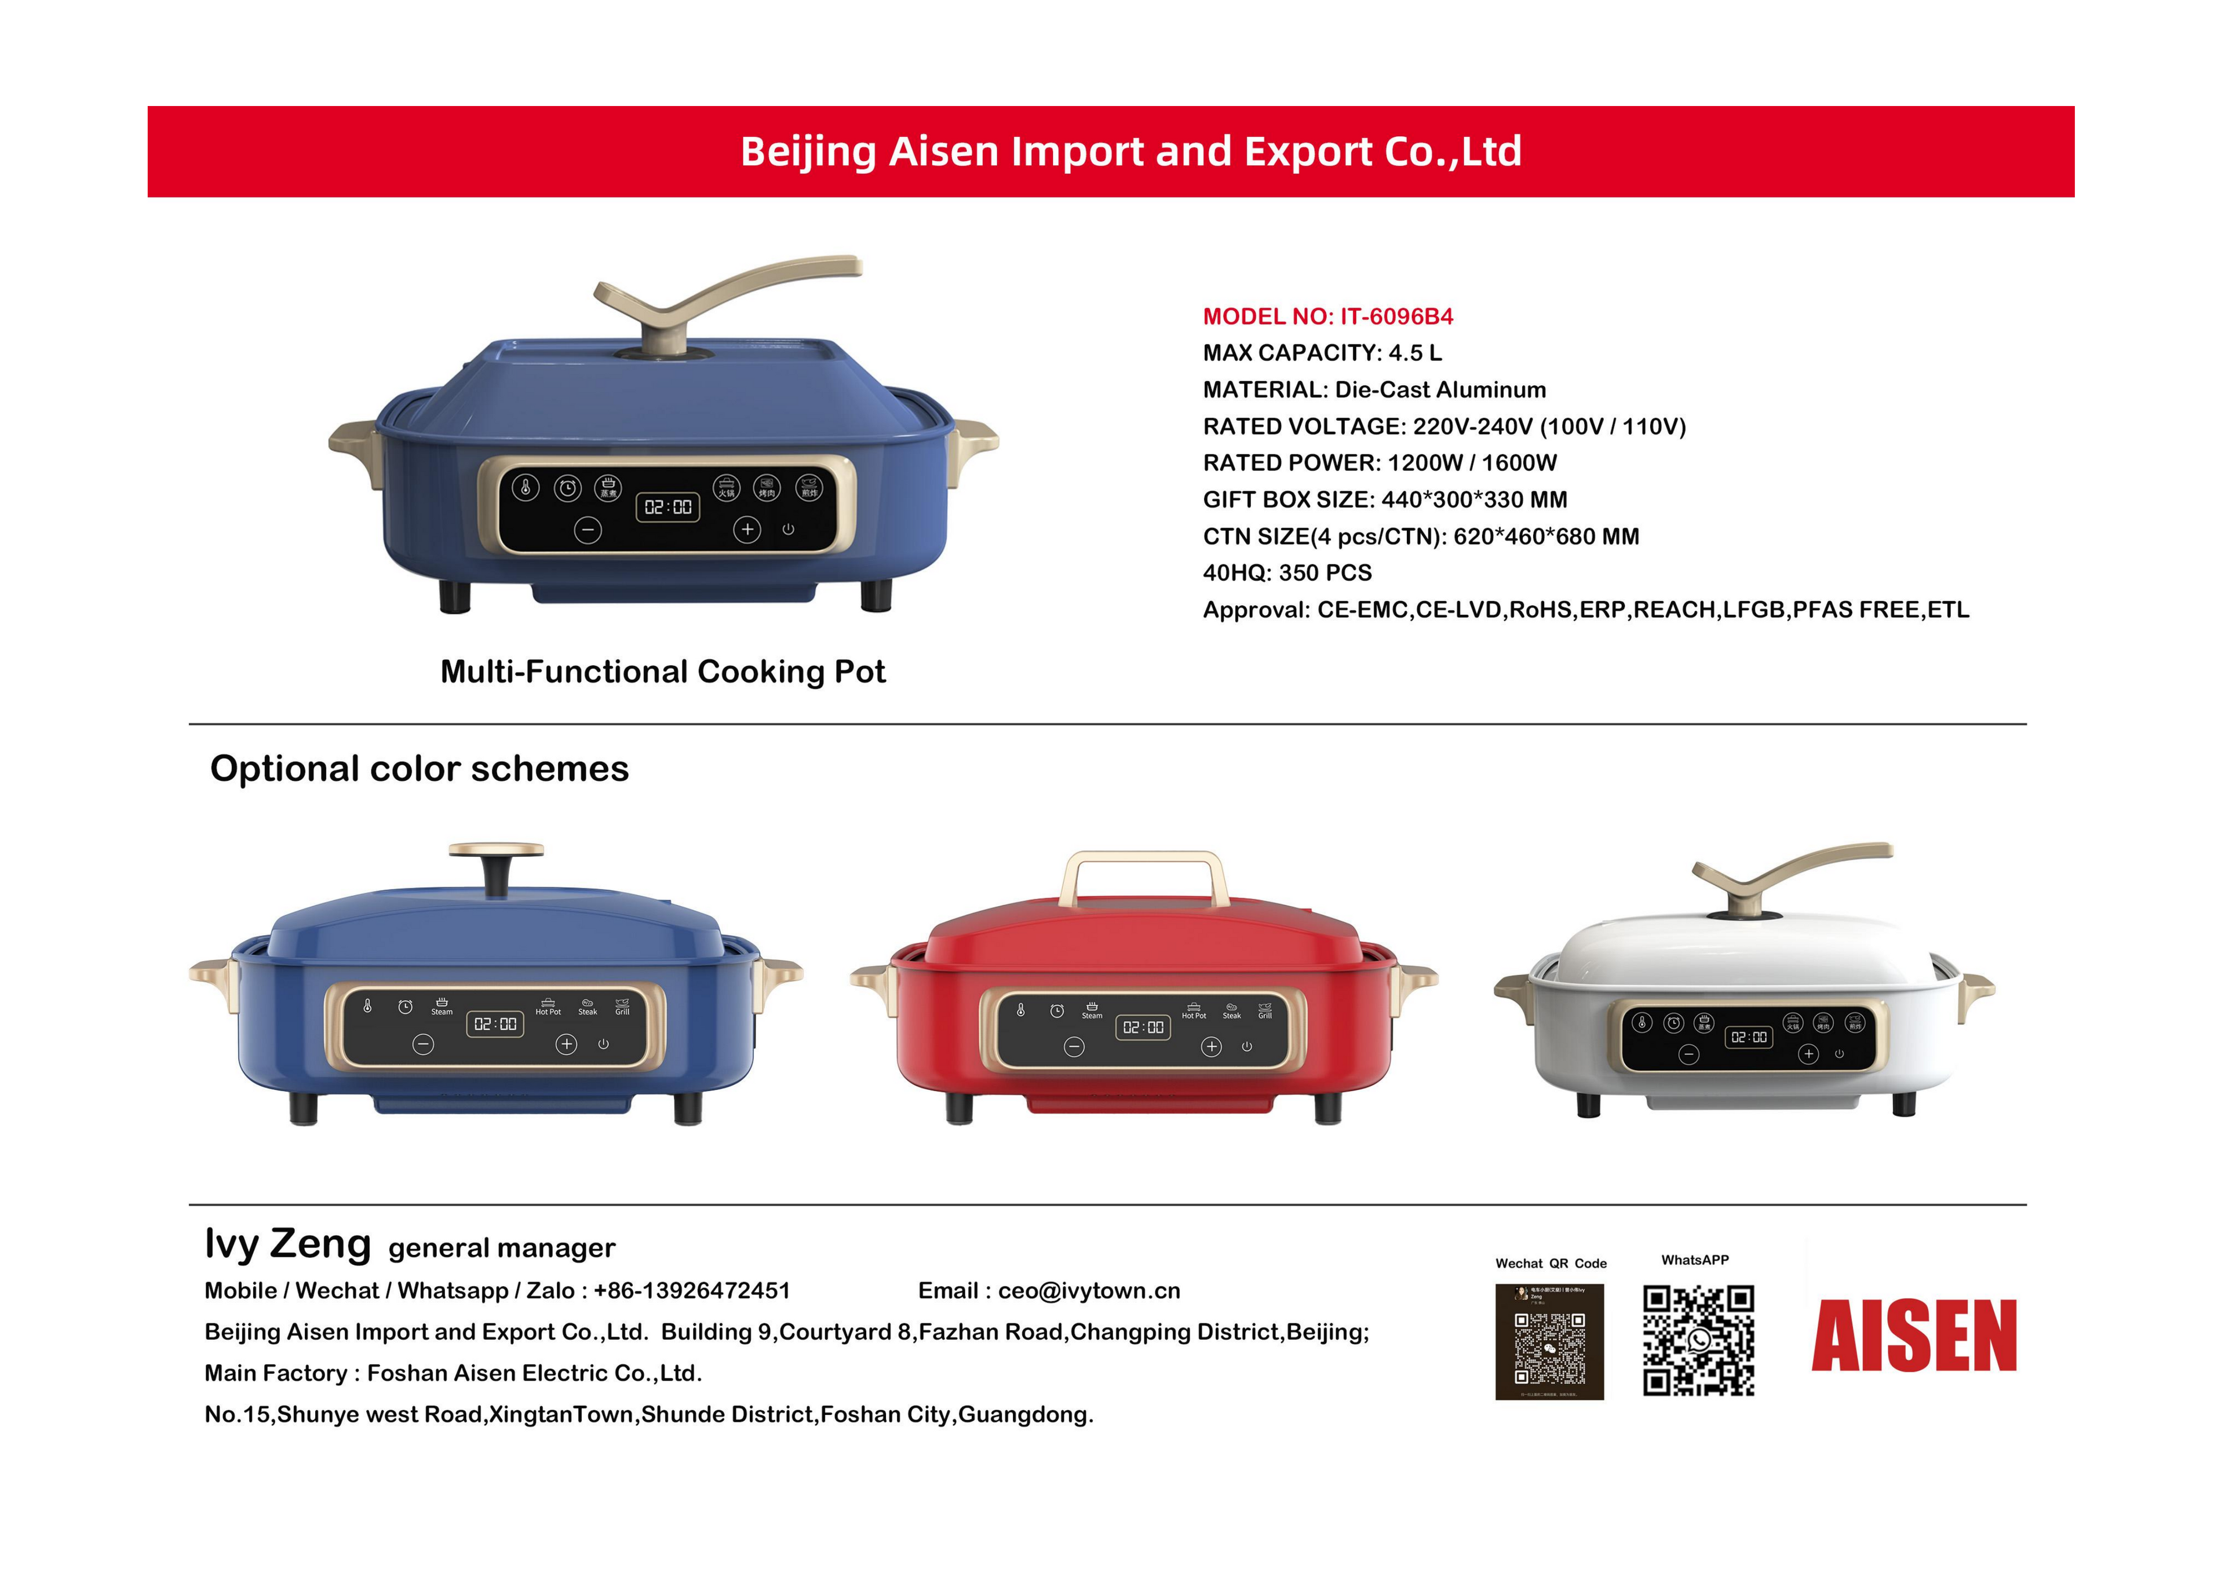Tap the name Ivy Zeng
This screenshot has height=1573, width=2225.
[288, 1244]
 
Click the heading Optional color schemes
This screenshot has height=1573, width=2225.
[420, 769]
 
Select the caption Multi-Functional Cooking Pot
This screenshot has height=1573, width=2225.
[663, 671]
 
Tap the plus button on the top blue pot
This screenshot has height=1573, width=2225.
[746, 529]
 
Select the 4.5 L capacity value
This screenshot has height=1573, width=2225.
[1415, 353]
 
